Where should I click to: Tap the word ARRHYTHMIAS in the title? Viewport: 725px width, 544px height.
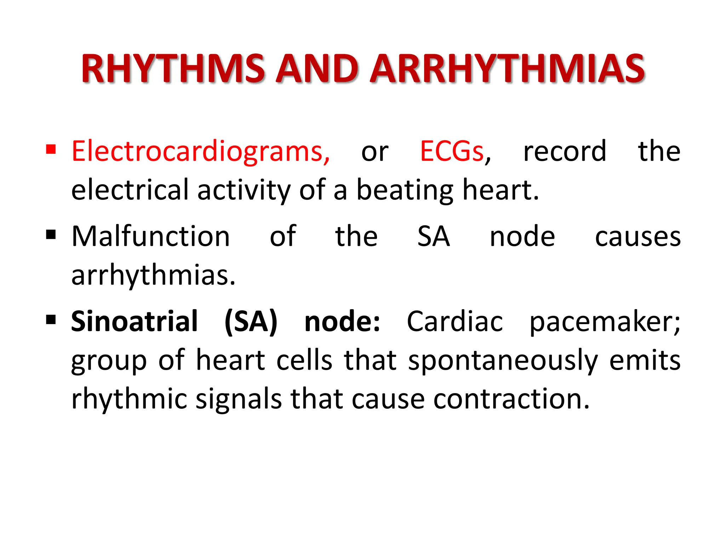pyautogui.click(x=508, y=69)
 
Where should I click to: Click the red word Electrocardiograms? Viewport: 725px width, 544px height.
pyautogui.click(x=200, y=152)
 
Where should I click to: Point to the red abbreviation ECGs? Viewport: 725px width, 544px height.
pyautogui.click(x=452, y=152)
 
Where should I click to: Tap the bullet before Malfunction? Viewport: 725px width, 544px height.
pyautogui.click(x=51, y=234)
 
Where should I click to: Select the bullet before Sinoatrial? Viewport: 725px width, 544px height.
pyautogui.click(x=51, y=319)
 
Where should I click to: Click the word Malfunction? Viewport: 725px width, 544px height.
pyautogui.click(x=151, y=236)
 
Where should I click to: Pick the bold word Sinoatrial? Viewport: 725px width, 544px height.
pyautogui.click(x=134, y=321)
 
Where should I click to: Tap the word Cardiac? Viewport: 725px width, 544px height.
pyautogui.click(x=455, y=321)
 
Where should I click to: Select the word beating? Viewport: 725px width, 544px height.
pyautogui.click(x=404, y=191)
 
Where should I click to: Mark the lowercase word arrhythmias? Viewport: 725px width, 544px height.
pyautogui.click(x=153, y=275)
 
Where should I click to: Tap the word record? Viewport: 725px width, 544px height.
pyautogui.click(x=565, y=152)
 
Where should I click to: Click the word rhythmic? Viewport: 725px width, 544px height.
pyautogui.click(x=129, y=399)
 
